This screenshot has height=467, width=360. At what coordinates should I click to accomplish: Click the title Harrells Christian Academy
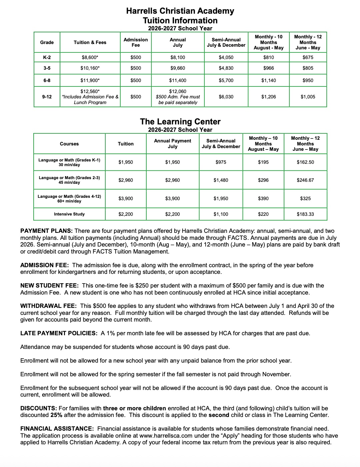click(x=180, y=11)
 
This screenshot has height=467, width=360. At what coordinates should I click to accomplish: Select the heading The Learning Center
click(x=180, y=121)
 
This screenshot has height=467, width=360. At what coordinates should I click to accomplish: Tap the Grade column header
click(x=47, y=42)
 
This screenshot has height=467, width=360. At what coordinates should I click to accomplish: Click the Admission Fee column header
click(x=136, y=42)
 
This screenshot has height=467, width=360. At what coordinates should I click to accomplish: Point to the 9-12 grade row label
click(x=47, y=97)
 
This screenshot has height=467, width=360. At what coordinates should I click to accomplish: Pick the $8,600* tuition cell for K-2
click(x=90, y=57)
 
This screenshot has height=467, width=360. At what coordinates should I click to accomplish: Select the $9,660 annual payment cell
click(x=178, y=68)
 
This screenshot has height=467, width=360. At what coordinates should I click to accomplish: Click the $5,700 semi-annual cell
click(x=226, y=80)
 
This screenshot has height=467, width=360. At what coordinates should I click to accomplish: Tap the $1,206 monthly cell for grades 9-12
click(x=269, y=97)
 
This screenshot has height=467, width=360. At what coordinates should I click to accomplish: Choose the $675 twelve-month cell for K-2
click(x=308, y=57)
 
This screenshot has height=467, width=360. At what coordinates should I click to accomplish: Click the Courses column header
click(x=69, y=144)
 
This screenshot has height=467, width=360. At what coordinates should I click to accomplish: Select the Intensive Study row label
click(x=69, y=214)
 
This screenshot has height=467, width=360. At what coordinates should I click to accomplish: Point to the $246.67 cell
click(x=305, y=180)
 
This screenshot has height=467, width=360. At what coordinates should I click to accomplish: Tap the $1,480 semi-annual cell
click(x=221, y=180)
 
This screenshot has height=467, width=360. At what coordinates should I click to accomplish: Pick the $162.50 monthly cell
click(x=305, y=162)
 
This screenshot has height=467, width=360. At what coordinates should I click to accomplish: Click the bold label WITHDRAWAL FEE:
click(x=49, y=306)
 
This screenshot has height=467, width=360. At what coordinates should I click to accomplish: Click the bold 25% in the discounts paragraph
click(x=56, y=415)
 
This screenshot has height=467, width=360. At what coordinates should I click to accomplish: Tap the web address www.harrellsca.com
click(x=163, y=436)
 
